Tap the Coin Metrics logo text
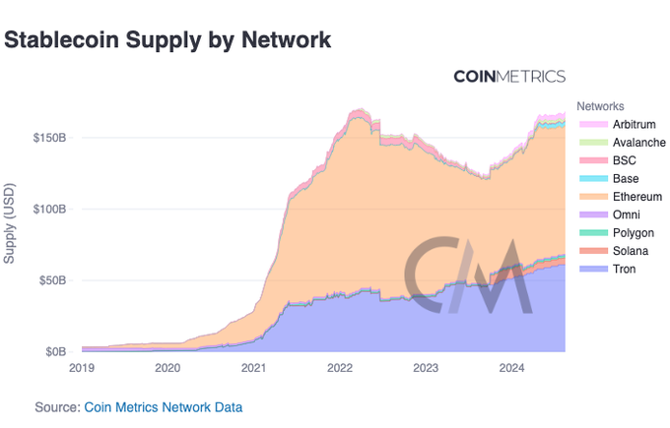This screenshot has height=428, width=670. pyautogui.click(x=508, y=77)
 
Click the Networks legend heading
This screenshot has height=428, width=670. pyautogui.click(x=601, y=105)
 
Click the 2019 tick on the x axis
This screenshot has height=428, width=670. pyautogui.click(x=82, y=368)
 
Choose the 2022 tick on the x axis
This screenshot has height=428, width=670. pyautogui.click(x=340, y=368)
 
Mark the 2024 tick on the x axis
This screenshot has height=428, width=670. pyautogui.click(x=511, y=368)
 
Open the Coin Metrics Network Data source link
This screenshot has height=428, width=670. pyautogui.click(x=164, y=406)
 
